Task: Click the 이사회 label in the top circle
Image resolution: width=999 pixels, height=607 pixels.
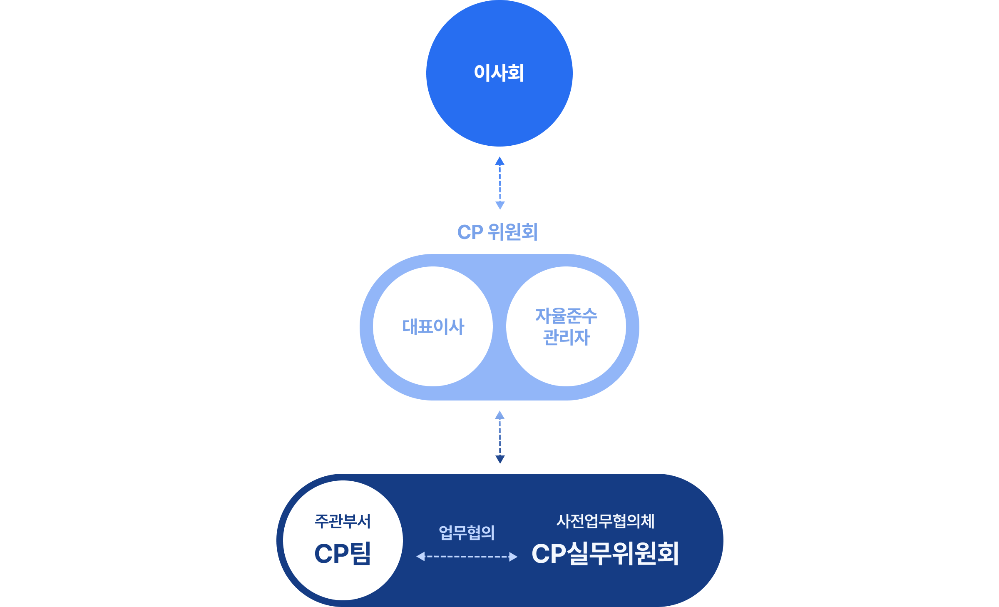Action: (x=499, y=73)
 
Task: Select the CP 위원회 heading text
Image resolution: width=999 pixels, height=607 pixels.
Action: (x=498, y=232)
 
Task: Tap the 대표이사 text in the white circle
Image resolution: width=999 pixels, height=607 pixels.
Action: (x=433, y=327)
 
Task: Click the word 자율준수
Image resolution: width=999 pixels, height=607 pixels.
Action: (x=566, y=316)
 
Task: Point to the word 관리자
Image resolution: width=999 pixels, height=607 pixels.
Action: (x=566, y=337)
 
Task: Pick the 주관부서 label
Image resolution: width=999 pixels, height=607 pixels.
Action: (x=343, y=521)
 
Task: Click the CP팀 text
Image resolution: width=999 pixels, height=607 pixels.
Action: (x=343, y=554)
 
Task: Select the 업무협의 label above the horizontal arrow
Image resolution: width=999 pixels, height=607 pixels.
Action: (x=467, y=532)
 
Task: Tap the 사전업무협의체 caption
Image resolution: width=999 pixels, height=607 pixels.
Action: (x=606, y=521)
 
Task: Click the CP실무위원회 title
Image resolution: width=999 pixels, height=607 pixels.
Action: (x=606, y=554)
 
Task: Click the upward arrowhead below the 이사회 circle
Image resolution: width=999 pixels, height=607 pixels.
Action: (x=500, y=161)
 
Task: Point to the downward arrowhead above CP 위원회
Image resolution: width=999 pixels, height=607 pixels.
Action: (x=500, y=205)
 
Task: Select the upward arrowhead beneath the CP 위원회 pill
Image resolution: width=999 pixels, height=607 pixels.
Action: (x=500, y=415)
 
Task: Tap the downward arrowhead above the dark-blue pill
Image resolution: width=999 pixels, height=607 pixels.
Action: (x=500, y=459)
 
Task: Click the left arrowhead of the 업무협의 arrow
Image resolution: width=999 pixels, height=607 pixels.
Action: (x=420, y=557)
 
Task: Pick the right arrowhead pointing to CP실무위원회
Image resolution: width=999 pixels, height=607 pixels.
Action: (x=513, y=557)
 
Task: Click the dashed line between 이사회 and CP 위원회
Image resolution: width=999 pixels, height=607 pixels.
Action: (x=500, y=183)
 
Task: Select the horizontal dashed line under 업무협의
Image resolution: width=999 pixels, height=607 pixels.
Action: (x=467, y=557)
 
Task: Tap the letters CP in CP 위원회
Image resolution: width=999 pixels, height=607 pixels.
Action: (x=470, y=232)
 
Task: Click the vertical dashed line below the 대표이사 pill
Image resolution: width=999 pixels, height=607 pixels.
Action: (x=500, y=437)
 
